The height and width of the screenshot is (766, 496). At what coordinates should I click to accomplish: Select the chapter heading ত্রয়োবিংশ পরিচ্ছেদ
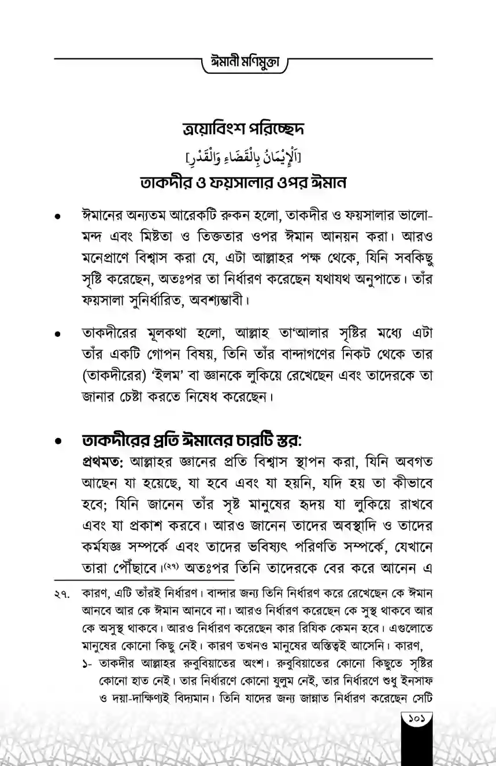(247, 129)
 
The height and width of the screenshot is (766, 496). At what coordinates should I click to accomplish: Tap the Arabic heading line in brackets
(247, 156)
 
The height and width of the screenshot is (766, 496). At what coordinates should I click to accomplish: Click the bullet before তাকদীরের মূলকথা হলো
(57, 334)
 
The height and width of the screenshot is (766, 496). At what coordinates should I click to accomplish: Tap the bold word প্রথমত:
(105, 463)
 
